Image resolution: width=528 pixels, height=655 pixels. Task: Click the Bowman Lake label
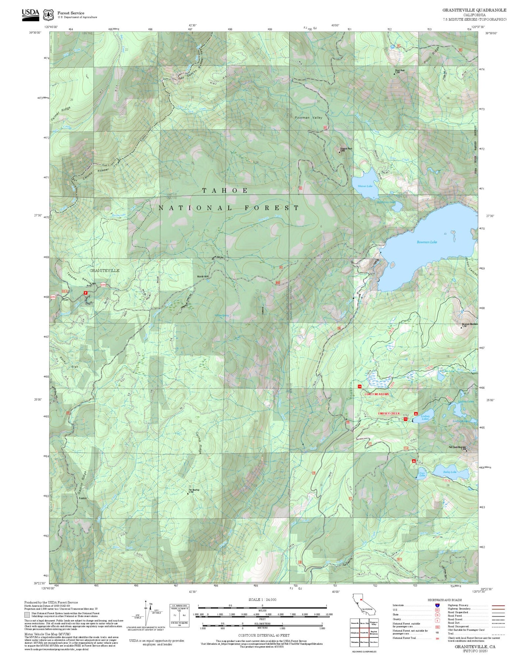point(427,242)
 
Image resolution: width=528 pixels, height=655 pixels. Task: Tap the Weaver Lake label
point(365,186)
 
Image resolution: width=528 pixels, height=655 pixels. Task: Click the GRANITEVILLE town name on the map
point(105,271)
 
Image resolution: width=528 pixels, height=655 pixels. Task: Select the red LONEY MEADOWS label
point(377,394)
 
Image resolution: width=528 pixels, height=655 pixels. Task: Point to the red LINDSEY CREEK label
point(389,413)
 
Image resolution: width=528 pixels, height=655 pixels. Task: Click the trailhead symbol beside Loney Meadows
point(359,386)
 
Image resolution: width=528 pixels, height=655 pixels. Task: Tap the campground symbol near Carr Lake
point(414,461)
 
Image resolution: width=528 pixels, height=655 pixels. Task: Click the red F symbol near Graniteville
point(86,292)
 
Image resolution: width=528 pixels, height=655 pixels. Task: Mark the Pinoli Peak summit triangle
point(394,74)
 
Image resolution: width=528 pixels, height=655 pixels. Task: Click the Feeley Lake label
point(450,472)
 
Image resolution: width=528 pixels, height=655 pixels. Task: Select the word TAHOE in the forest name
point(225,191)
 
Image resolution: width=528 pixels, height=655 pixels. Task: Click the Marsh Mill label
point(203,276)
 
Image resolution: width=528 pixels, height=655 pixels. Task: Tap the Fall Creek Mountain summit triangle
point(466,450)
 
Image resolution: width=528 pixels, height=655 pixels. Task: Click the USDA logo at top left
point(30,14)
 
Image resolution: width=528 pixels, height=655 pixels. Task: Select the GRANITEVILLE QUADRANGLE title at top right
point(474,10)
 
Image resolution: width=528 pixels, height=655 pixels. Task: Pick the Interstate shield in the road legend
point(437,605)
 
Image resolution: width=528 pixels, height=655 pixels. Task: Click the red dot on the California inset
point(361,599)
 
